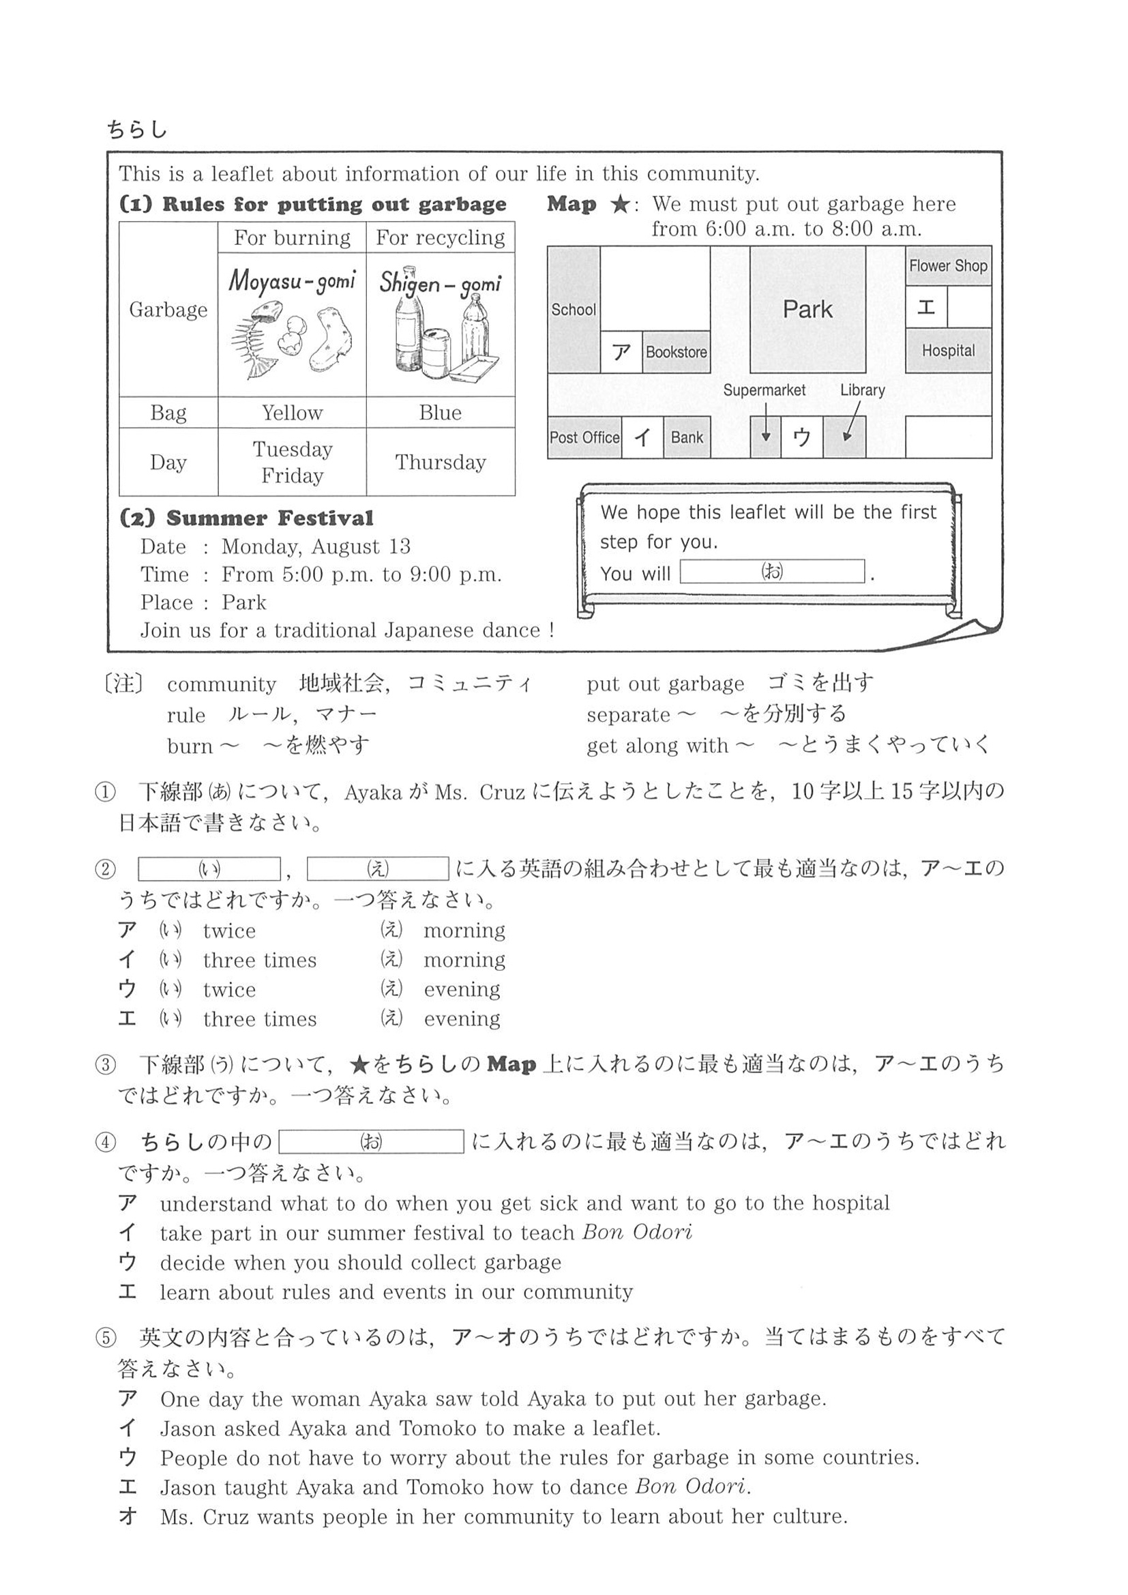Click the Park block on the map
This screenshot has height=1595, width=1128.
click(x=807, y=309)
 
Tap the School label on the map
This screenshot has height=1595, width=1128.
click(x=573, y=310)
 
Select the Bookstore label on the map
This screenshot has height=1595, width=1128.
click(x=676, y=352)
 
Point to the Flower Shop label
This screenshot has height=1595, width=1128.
click(x=948, y=265)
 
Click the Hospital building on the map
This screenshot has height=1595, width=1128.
click(x=948, y=351)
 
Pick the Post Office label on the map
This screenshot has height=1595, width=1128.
click(x=584, y=438)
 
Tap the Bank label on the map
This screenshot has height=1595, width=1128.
click(x=686, y=438)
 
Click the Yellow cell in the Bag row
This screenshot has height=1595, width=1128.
click(x=292, y=413)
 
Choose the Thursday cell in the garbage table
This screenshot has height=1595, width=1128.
click(x=441, y=462)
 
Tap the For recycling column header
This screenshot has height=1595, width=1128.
click(x=441, y=237)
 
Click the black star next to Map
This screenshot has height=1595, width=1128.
click(x=620, y=204)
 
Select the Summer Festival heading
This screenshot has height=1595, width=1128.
click(x=248, y=518)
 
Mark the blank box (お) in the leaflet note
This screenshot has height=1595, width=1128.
click(x=772, y=572)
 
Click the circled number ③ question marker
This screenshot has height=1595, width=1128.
click(x=105, y=1064)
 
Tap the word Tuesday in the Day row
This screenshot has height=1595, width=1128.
click(x=293, y=450)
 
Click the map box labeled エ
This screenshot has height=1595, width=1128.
click(x=927, y=306)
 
